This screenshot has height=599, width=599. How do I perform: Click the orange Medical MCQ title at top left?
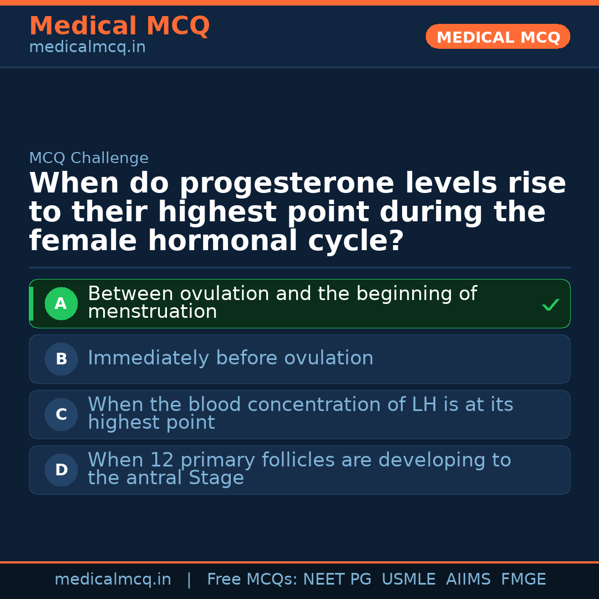coord(119,26)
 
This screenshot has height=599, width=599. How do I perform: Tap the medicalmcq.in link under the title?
coord(87,47)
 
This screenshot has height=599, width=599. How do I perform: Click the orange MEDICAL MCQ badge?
coord(498,37)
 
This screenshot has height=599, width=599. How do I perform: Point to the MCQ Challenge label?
coord(89,158)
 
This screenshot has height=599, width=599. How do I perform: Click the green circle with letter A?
coord(61,303)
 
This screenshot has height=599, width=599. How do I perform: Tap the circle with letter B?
coord(61,359)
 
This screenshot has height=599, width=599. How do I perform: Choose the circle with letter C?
coord(61,414)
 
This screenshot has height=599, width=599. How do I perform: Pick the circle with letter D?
coord(61,470)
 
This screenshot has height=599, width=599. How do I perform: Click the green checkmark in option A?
coord(550,304)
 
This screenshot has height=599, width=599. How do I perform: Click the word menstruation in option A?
coord(153,312)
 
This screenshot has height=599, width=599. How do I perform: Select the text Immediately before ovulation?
coord(231,358)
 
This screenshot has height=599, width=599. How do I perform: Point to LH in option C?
coord(424,405)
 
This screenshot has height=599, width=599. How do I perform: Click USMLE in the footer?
coord(409,580)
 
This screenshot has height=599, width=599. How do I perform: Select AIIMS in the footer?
coord(469,580)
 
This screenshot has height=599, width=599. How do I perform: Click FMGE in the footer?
coord(524,580)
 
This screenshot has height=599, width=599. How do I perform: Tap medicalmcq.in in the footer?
coord(113,580)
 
